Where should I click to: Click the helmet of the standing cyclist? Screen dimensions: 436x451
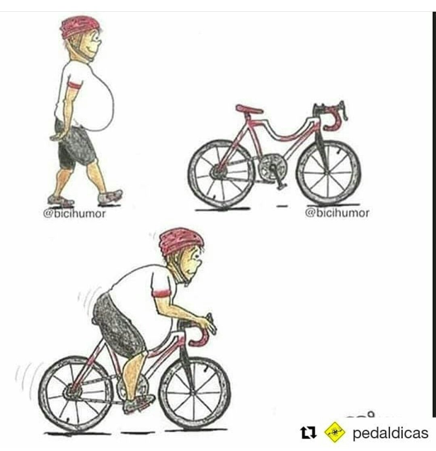pos(80,27)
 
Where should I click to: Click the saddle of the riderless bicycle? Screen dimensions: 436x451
pos(249,109)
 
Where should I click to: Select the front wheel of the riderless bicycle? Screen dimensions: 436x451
pos(328,172)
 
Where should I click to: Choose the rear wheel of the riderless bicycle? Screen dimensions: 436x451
pos(220,174)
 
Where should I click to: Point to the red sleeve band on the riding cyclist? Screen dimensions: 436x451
pos(162,294)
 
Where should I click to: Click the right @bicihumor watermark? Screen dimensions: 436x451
pos(337,212)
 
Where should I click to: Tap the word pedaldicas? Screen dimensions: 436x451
pos(390,433)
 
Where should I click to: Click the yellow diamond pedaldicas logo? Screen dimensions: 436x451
pos(335,432)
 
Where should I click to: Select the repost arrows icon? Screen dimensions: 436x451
pos(308,433)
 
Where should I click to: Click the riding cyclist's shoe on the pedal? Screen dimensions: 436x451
pos(138,403)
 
